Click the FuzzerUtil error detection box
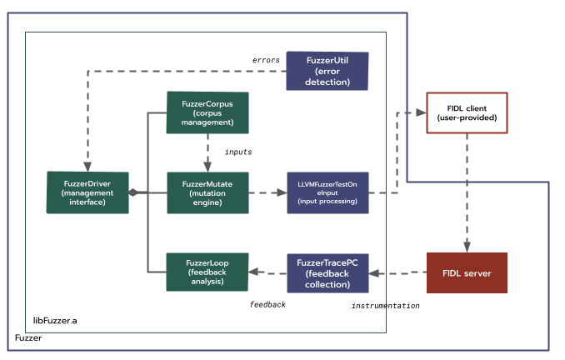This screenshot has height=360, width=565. coord(327,71)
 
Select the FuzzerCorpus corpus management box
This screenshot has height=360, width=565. coord(207,112)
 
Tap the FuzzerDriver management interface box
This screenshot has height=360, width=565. coord(87,192)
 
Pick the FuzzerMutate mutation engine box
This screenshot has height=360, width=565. coord(207,192)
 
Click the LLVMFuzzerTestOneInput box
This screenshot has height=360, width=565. coord(327,192)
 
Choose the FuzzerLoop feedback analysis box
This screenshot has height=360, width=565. coord(207,272)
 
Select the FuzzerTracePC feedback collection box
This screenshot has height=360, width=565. coord(327,272)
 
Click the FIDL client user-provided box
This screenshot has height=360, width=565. coord(467,112)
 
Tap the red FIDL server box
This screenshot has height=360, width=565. coord(467,272)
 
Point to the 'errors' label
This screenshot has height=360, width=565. coord(266,60)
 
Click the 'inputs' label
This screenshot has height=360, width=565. coord(238,152)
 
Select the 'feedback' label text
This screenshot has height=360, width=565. coord(267,305)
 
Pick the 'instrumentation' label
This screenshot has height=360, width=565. coord(385,306)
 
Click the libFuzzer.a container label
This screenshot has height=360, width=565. coord(56,320)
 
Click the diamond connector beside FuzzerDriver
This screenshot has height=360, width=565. coord(132,192)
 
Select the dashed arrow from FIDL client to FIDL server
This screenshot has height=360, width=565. coord(467,192)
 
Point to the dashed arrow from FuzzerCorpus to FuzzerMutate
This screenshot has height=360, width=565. coord(207,152)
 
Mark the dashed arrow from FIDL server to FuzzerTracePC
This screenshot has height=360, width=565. coord(397,272)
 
